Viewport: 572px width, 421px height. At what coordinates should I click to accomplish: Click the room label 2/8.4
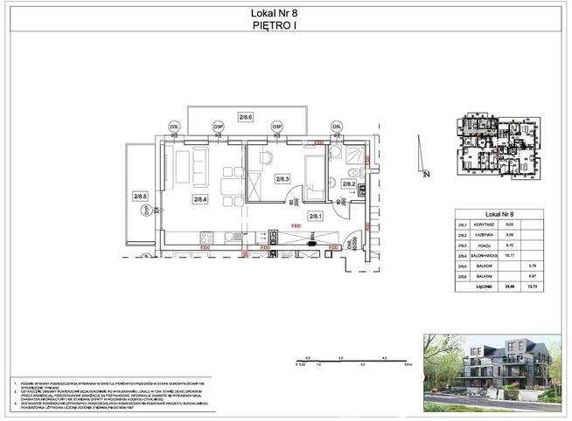200,199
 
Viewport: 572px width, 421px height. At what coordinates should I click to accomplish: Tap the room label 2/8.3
282,179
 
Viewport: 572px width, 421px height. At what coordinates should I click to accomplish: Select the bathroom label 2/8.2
347,183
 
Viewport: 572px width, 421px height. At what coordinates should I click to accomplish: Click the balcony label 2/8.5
140,197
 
